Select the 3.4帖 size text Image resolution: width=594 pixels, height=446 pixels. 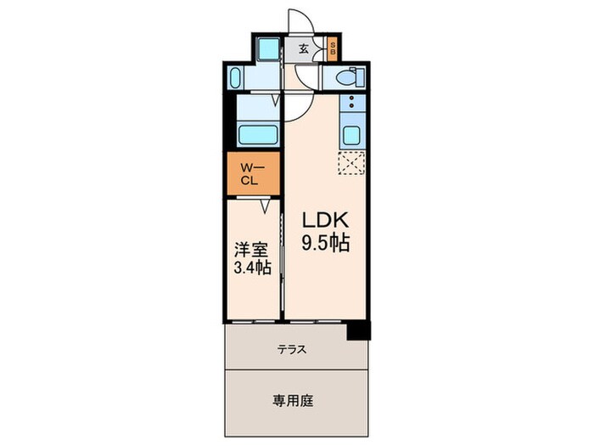pyautogui.click(x=252, y=269)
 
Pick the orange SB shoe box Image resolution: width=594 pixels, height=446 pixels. pyautogui.click(x=333, y=48)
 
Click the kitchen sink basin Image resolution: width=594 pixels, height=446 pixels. pyautogui.click(x=352, y=134)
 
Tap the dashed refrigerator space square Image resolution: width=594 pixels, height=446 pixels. pyautogui.click(x=351, y=163)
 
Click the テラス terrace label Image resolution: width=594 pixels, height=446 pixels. pyautogui.click(x=291, y=349)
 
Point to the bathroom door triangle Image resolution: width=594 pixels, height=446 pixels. pyautogui.click(x=276, y=100)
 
